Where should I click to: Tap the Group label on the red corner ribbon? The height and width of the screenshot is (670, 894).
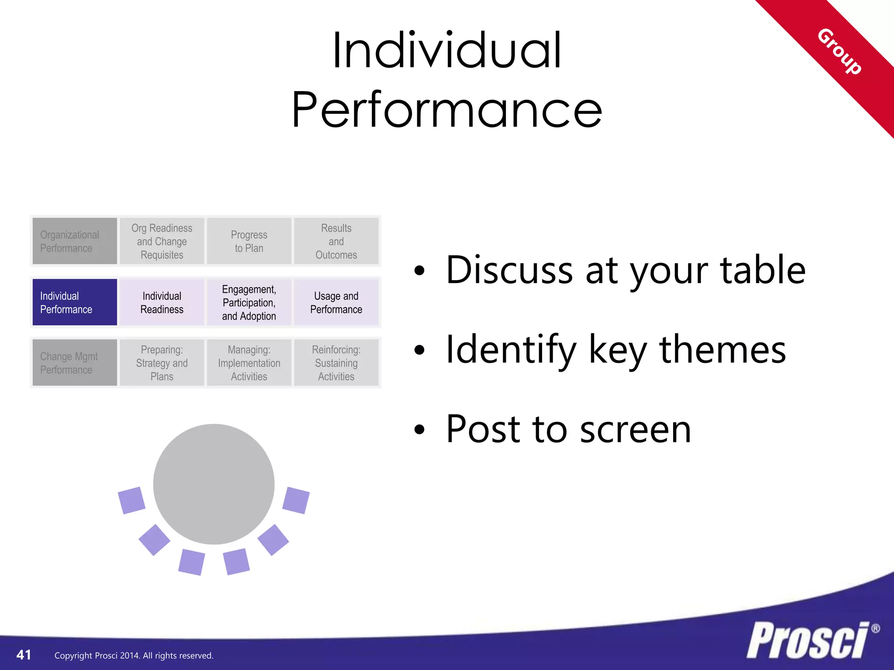pos(839,51)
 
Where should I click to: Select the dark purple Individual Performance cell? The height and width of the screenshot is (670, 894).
pos(75,302)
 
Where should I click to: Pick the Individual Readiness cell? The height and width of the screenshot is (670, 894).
pos(162,302)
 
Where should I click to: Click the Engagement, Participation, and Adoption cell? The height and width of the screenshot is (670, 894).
pos(249,302)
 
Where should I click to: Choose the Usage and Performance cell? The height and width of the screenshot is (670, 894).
pos(336,302)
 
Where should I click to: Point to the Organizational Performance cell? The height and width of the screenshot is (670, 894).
pos(75,241)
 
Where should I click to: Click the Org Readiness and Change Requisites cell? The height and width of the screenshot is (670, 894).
pos(162,241)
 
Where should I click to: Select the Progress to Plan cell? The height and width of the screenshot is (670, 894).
pos(249,241)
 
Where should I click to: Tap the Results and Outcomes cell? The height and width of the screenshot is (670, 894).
pos(336,241)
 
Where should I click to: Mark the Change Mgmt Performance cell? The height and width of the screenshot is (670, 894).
pos(75,363)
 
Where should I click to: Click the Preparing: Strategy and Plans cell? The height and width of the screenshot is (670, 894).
pos(162,363)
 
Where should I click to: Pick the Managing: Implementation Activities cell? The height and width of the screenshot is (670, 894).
pos(249,363)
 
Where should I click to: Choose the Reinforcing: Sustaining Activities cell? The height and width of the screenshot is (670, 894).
pos(336,363)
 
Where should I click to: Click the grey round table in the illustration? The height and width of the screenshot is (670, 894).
pos(214,484)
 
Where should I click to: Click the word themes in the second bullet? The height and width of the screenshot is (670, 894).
pos(722,350)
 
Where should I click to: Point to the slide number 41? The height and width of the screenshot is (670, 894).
pos(24,655)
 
